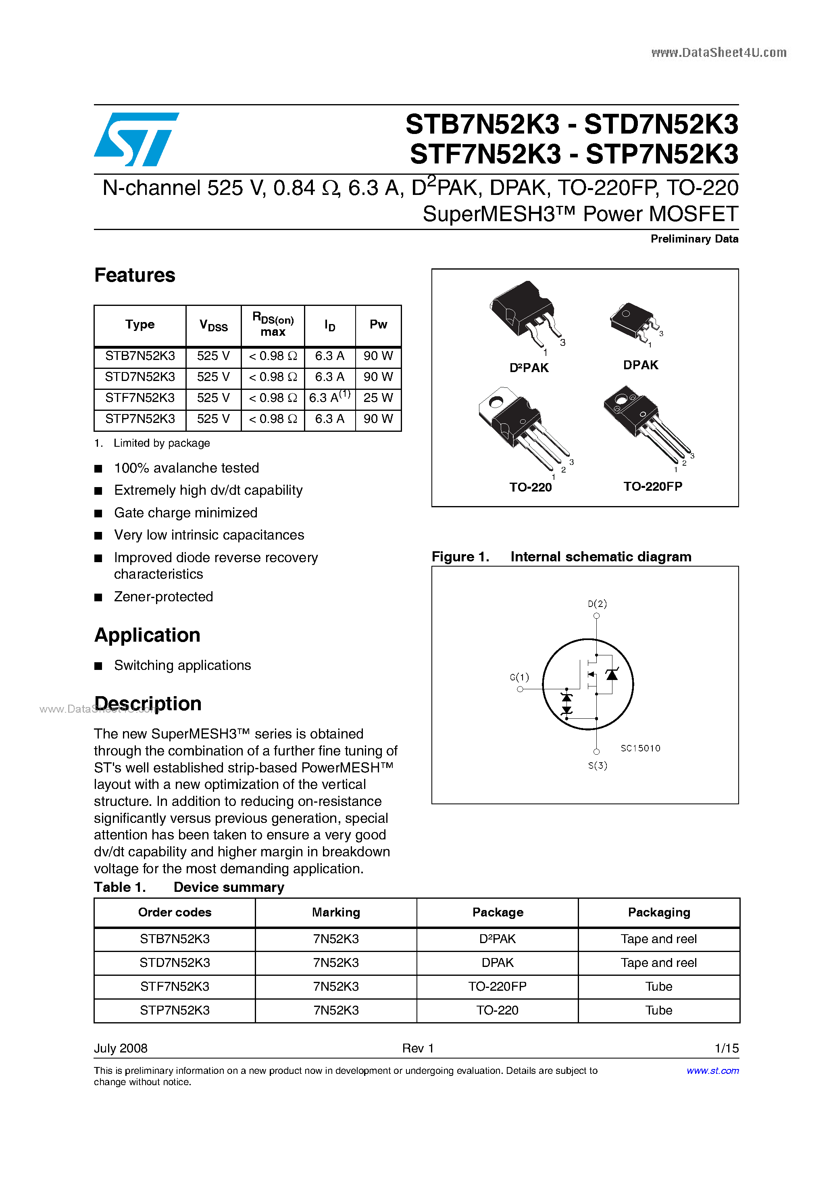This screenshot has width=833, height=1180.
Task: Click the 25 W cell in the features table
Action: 378,398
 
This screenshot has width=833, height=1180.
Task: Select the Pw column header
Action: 378,324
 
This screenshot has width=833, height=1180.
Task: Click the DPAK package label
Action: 640,365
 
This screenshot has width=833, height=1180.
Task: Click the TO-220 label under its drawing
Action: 530,487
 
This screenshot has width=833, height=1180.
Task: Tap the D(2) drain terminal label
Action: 597,604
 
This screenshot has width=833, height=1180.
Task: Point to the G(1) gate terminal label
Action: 519,677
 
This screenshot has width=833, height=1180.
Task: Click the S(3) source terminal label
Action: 597,766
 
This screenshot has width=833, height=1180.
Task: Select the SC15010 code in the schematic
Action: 640,748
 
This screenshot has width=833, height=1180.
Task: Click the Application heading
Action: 148,635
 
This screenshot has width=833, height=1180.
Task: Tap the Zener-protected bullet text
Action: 163,597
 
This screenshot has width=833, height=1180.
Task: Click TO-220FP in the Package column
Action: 497,986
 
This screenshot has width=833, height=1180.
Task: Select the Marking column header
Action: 336,912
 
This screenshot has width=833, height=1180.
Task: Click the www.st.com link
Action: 712,1071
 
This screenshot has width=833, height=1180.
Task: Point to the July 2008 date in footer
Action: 121,1048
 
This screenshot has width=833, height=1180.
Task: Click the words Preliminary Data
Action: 694,239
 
